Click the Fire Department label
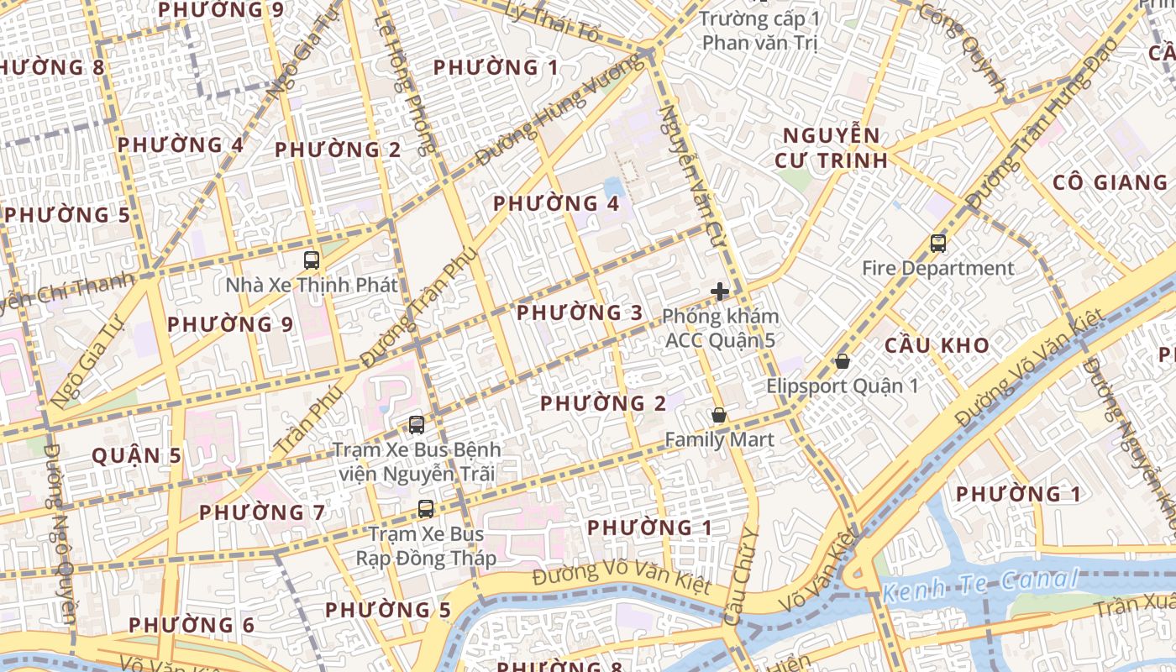click(x=938, y=269)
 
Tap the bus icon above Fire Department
click(x=938, y=244)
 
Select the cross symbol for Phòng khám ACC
click(x=720, y=291)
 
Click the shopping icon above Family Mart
click(x=719, y=415)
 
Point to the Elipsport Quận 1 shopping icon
click(x=842, y=361)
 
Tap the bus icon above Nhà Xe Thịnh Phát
click(x=312, y=260)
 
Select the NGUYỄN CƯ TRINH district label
click(x=831, y=147)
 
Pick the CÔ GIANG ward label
click(x=1110, y=182)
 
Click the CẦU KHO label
click(x=937, y=345)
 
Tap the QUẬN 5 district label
click(x=136, y=456)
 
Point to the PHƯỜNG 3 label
click(x=580, y=313)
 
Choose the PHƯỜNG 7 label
click(x=262, y=512)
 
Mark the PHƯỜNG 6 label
click(x=192, y=625)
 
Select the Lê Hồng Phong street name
click(x=405, y=84)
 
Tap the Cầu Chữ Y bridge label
click(x=741, y=576)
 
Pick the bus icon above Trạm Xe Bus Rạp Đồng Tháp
click(x=426, y=508)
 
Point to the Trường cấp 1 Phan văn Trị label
click(x=759, y=30)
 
